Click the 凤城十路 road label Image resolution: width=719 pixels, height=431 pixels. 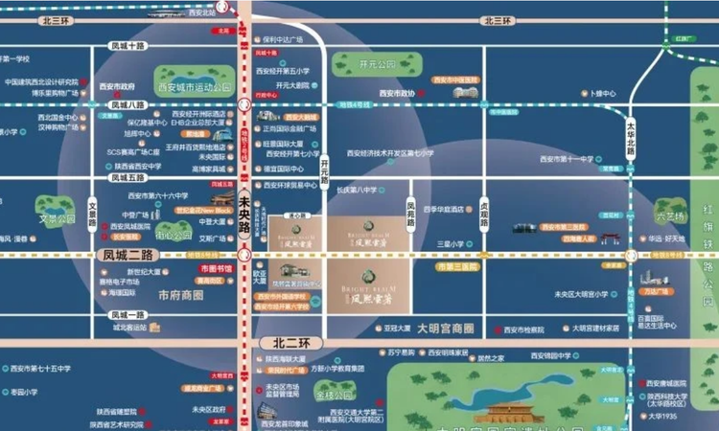128,45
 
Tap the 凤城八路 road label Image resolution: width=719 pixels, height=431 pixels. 128,104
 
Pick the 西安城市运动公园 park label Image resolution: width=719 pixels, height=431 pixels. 196,87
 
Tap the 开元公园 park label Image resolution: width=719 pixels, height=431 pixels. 377,65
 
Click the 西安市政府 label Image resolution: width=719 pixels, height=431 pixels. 117,85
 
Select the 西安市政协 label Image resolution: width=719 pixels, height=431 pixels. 396,93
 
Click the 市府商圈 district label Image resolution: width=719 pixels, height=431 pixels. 182,295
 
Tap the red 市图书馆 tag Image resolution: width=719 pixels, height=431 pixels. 216,269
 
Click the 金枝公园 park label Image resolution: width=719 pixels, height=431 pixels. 335,395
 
